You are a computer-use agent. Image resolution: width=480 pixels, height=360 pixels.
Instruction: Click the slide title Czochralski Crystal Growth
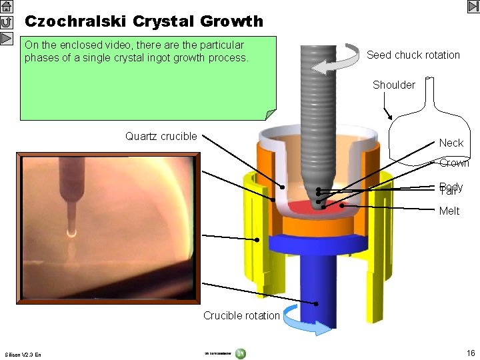pos(144,21)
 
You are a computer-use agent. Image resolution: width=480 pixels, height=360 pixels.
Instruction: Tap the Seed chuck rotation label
pos(413,55)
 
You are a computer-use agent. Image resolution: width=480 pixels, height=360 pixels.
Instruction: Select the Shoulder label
pos(393,85)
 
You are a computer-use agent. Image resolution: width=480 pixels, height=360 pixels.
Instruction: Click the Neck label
pos(451,143)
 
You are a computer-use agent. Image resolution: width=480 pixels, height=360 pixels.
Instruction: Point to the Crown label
pos(454,163)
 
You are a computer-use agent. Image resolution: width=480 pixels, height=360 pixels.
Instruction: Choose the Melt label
pos(449,211)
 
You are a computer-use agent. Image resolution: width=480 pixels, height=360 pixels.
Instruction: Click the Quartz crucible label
pos(161,137)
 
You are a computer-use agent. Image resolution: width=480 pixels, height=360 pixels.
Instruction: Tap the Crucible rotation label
pos(241,315)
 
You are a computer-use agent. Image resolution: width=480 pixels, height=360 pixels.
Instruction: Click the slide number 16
pos(471,352)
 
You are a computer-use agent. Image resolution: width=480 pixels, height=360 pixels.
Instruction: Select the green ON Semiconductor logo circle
pos(241,353)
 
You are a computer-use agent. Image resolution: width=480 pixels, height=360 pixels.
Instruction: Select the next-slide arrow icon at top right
pos(473,7)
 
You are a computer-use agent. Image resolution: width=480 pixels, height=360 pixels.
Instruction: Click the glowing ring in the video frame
pos(71,233)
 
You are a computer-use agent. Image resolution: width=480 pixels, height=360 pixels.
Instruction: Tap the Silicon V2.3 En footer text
pos(23,354)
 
